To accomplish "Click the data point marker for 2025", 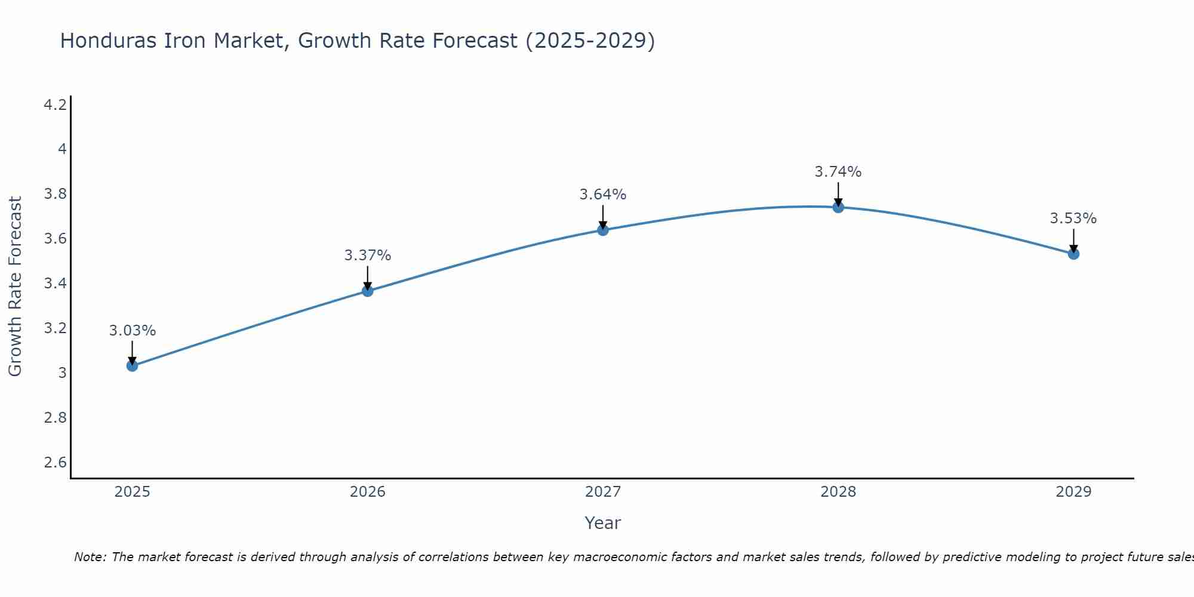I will pos(133,365).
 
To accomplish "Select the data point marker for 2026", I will pos(368,291).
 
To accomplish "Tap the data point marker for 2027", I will pos(603,230).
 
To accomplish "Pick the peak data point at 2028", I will pos(838,207).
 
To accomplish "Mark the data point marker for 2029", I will pos(1073,254).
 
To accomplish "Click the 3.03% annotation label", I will pos(133,331).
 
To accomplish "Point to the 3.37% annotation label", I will pos(368,256).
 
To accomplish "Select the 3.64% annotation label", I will pos(603,195).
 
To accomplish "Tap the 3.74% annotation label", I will pos(838,172).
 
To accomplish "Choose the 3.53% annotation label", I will pos(1073,219).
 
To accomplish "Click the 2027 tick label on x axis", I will pos(603,492).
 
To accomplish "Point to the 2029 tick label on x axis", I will pos(1073,492).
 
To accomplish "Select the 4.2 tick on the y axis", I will pos(56,105).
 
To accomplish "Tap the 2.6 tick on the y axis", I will pos(56,463).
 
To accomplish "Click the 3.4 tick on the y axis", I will pos(56,284).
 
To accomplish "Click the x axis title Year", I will pos(603,523).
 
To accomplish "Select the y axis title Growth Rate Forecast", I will pos(15,287).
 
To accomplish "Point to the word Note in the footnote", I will pos(90,557).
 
